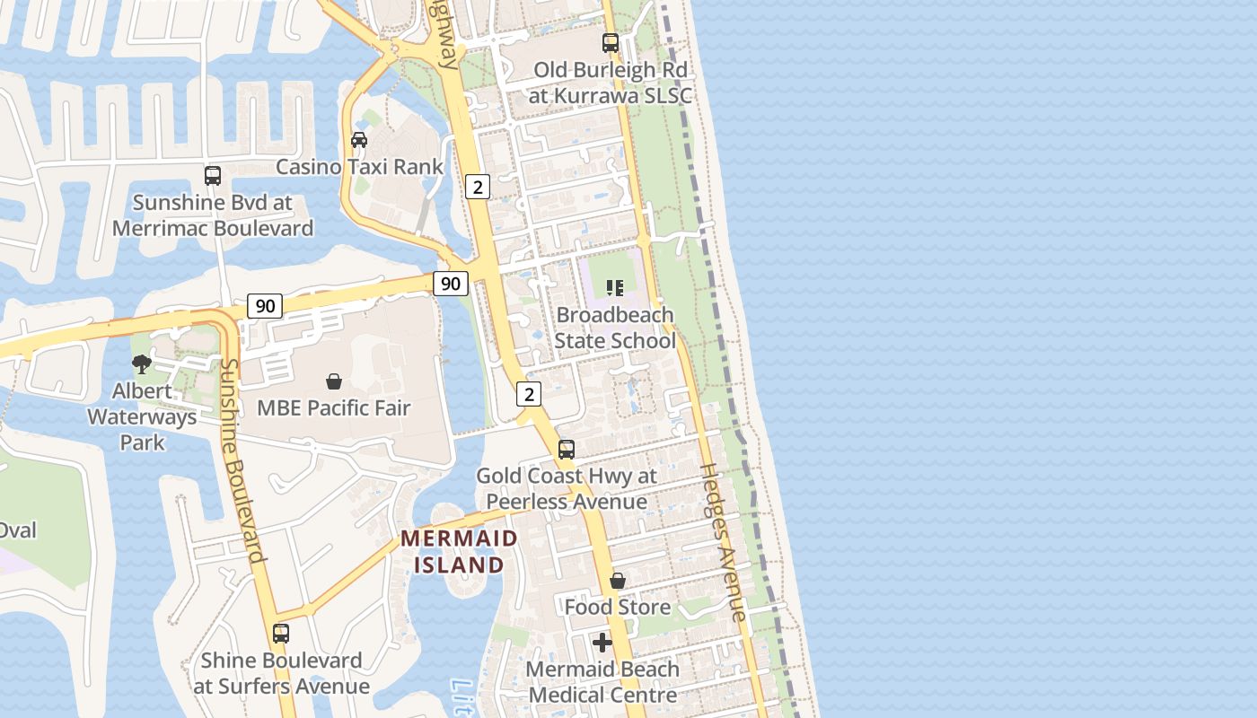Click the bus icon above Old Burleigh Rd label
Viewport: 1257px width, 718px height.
coord(611,42)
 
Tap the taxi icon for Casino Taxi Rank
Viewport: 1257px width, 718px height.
coord(359,140)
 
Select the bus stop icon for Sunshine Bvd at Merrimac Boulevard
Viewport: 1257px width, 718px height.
coord(213,176)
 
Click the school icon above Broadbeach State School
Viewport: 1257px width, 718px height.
coord(615,288)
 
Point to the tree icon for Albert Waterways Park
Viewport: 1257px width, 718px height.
coord(141,363)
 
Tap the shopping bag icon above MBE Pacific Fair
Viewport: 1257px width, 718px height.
coord(334,381)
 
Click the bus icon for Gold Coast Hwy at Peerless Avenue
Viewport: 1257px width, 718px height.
coord(567,450)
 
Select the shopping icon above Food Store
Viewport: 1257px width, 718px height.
coord(618,581)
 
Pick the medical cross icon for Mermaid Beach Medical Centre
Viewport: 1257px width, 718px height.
coord(602,643)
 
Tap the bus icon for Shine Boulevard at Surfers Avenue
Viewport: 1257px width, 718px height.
coord(281,634)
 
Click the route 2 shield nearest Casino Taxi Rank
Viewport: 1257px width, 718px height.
coord(478,187)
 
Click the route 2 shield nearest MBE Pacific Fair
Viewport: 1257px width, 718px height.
coord(530,393)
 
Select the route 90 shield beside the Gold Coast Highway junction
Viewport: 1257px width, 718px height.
coord(451,284)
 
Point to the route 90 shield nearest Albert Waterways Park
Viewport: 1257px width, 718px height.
coord(265,306)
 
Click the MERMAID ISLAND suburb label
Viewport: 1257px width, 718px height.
coord(459,551)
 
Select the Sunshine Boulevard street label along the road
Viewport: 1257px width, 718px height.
coord(242,460)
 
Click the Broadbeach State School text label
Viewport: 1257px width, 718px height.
coord(615,328)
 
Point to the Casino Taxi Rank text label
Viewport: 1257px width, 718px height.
coord(359,167)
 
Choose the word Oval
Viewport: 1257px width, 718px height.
coord(18,530)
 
